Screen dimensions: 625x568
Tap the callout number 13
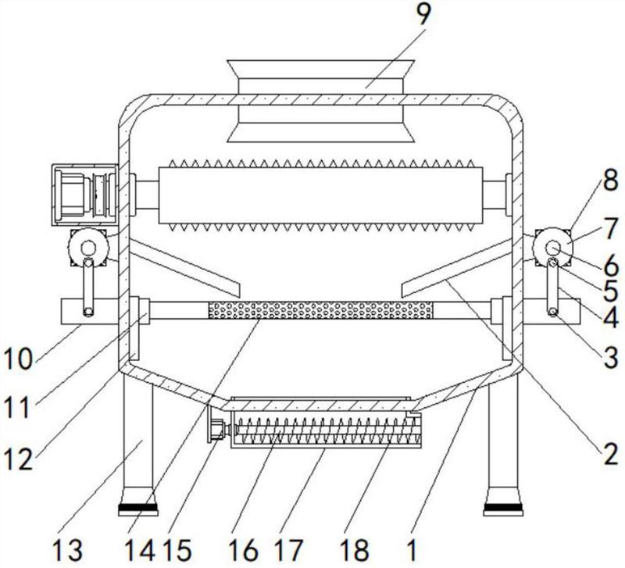tap(67, 550)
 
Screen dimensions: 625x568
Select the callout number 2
tap(610, 454)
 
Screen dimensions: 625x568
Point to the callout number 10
tap(18, 359)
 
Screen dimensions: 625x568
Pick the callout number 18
tap(355, 550)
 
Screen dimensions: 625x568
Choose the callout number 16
tap(244, 550)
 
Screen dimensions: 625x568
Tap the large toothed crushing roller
tap(321, 195)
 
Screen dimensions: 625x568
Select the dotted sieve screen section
tap(320, 310)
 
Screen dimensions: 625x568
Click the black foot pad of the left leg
tap(138, 509)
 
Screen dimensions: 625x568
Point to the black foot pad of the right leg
tap(503, 509)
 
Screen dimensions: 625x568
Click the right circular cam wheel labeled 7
tap(552, 247)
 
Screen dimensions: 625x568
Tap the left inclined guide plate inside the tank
tap(184, 268)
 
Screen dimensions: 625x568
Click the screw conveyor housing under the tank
tap(326, 430)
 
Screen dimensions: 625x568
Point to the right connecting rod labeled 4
tap(553, 287)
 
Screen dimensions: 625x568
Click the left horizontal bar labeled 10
tap(90, 312)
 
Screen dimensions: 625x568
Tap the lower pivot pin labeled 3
tap(553, 313)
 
